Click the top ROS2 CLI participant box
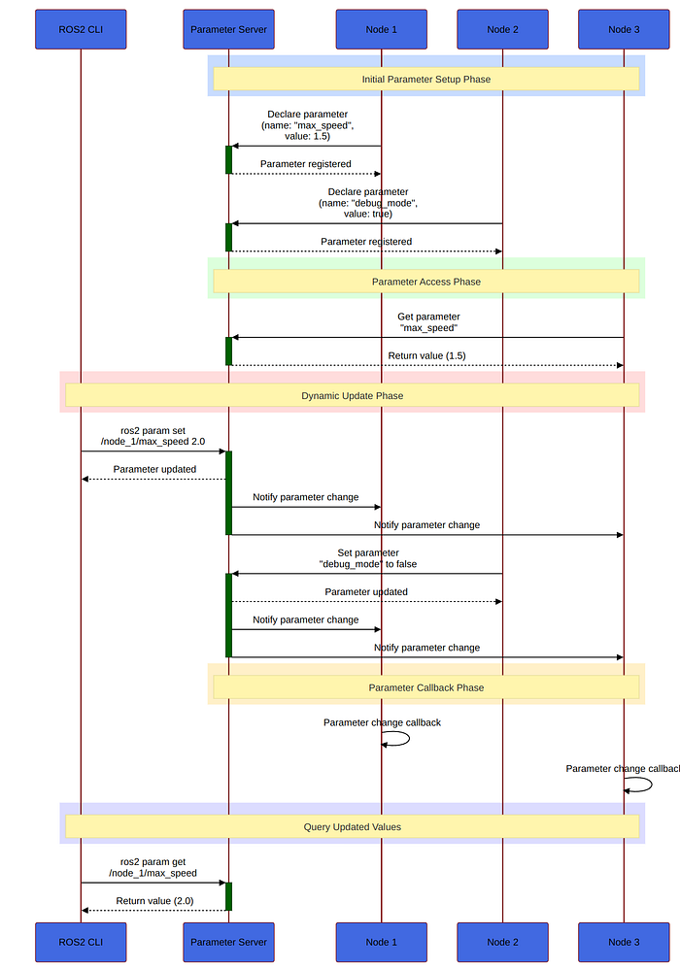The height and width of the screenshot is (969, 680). (81, 29)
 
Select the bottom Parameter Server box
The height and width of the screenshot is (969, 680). (228, 942)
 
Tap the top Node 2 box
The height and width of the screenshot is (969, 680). (502, 29)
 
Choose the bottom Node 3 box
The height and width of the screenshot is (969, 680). (624, 942)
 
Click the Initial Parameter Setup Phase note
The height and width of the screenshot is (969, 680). (425, 79)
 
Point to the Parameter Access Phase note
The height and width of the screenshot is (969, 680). (425, 282)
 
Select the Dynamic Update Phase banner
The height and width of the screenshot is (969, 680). (353, 395)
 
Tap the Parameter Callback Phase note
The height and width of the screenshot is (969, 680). (425, 687)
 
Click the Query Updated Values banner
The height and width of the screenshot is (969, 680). (353, 827)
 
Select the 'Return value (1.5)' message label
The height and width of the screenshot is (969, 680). (426, 356)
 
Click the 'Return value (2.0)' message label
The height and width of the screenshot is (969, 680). (154, 901)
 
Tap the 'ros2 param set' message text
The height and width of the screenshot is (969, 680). (153, 436)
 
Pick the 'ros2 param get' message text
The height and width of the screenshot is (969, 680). (153, 868)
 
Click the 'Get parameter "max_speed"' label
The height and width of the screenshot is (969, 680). (428, 322)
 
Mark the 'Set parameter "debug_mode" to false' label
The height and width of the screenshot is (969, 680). (368, 558)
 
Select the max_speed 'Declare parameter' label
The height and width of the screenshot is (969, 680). (307, 125)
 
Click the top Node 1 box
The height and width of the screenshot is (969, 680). (382, 29)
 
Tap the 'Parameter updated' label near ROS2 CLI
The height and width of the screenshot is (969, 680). (154, 470)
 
